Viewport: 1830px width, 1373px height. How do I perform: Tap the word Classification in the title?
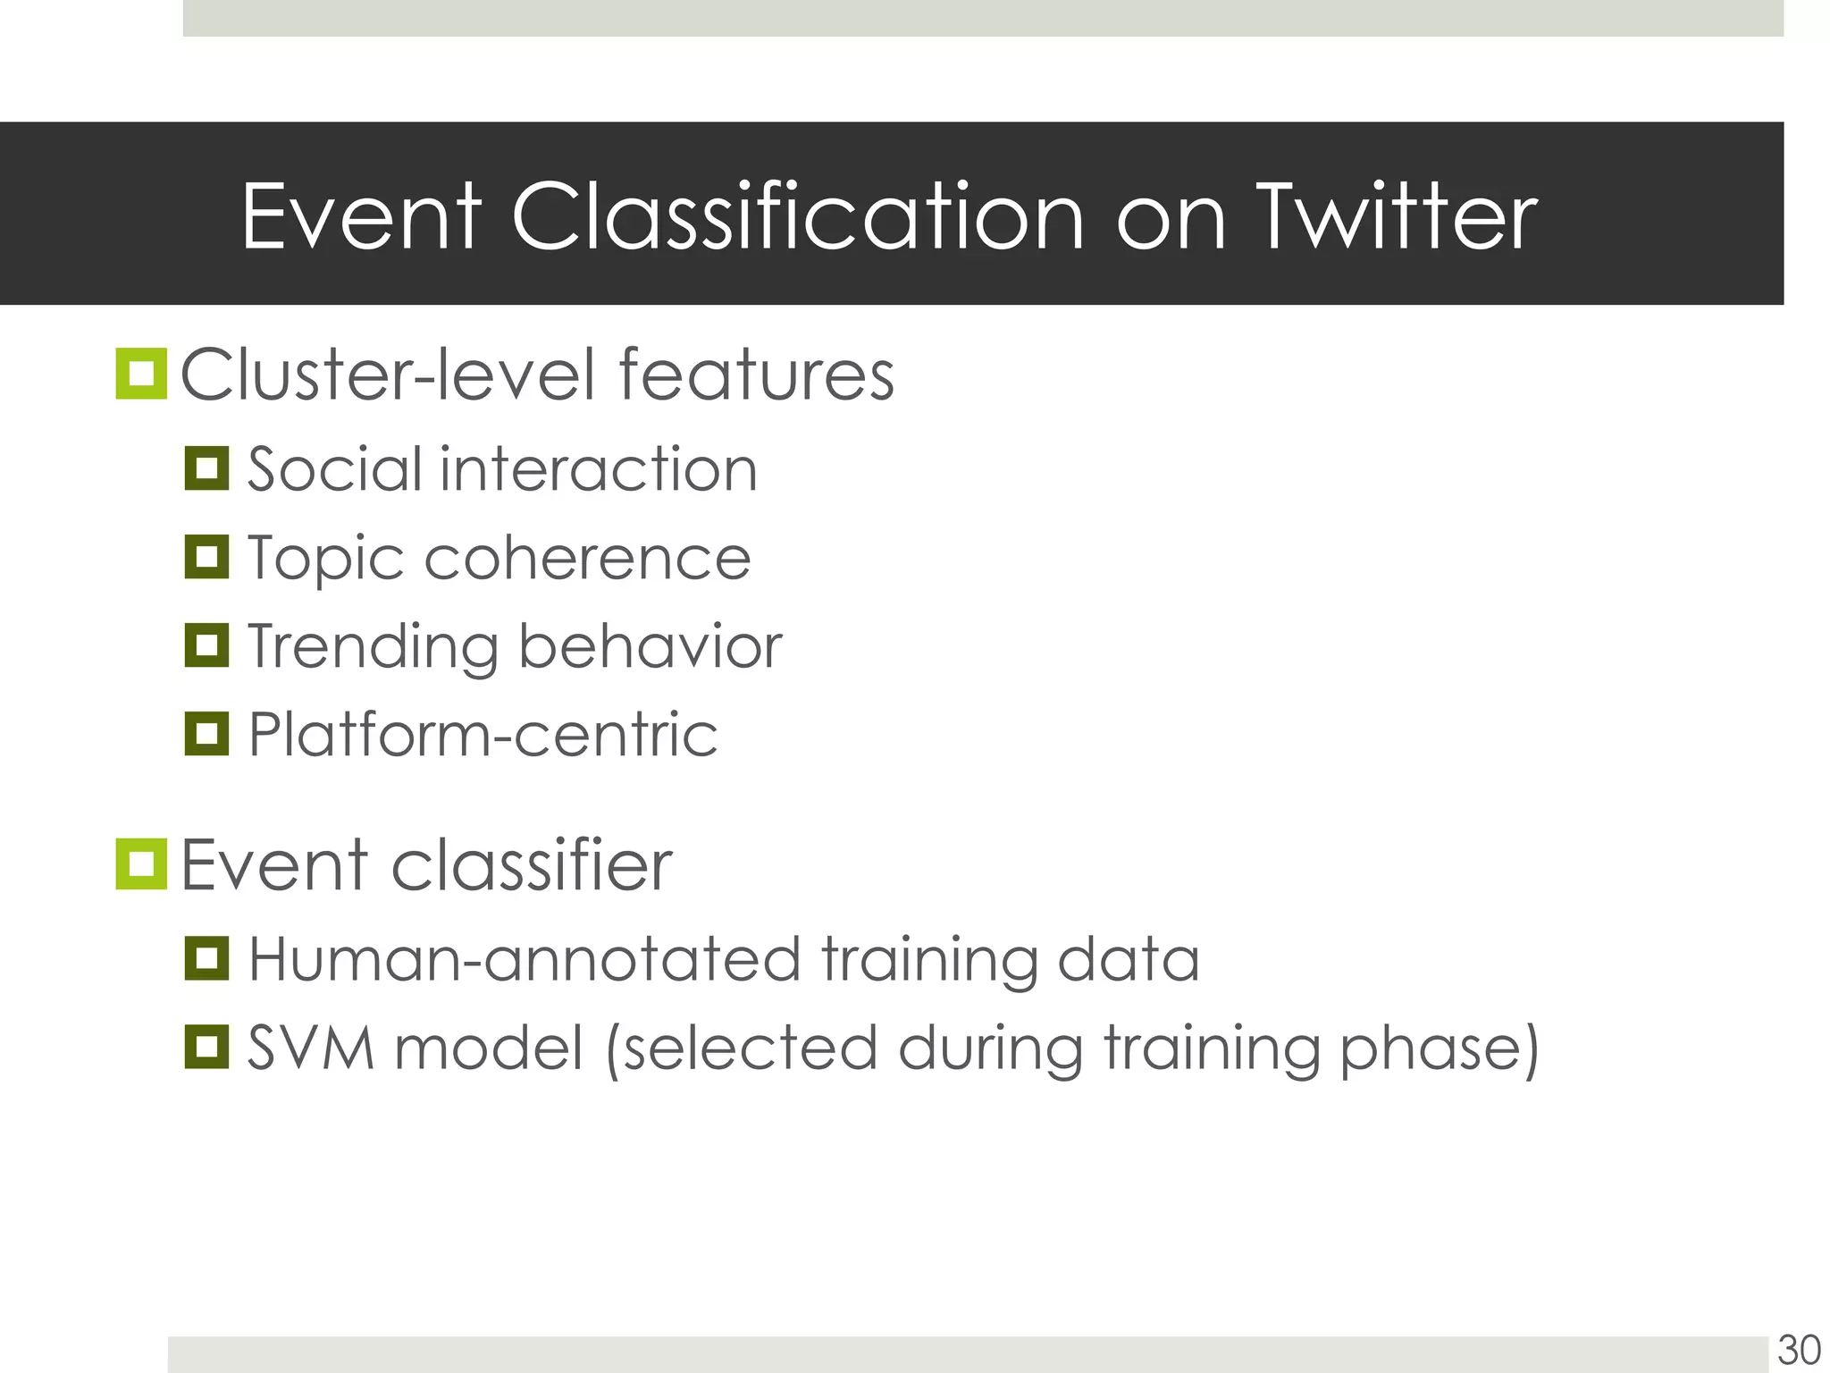click(797, 217)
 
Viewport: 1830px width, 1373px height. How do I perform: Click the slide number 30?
click(1799, 1350)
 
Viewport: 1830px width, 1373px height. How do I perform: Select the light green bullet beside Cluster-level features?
click(141, 374)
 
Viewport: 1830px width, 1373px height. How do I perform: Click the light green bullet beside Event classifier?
click(141, 864)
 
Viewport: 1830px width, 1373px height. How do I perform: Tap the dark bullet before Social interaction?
click(207, 468)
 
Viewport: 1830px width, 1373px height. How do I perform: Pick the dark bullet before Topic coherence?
click(207, 557)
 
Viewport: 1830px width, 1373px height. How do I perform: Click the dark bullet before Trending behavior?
click(207, 645)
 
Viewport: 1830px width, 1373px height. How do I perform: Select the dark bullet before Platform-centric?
click(207, 734)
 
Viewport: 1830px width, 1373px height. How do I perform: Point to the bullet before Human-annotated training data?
click(207, 958)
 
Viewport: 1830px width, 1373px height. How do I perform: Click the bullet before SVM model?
click(207, 1047)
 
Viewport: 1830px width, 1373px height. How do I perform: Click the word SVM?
click(310, 1048)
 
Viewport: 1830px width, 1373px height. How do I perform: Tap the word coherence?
click(587, 559)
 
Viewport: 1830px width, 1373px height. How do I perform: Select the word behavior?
click(650, 646)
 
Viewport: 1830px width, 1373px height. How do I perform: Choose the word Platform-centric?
click(483, 735)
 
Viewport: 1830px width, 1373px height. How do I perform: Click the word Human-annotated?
click(524, 959)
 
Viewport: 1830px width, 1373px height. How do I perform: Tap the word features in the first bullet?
click(756, 375)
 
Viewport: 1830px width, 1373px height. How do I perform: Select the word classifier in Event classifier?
click(532, 865)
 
